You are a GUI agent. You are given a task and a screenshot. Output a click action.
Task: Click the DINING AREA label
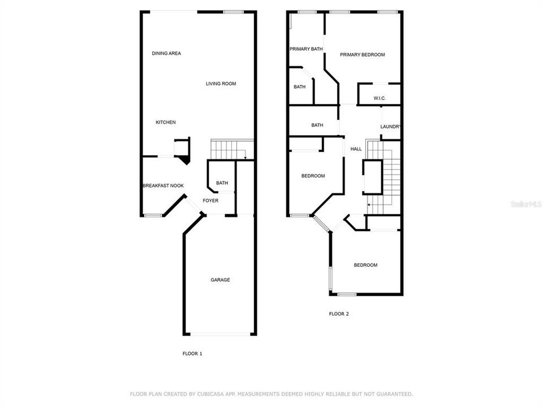coord(166,53)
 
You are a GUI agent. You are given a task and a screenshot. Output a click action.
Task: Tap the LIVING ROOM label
coord(221,84)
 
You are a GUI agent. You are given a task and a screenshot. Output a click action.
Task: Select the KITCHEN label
coord(166,122)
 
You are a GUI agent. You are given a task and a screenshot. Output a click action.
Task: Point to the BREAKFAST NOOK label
coord(163,186)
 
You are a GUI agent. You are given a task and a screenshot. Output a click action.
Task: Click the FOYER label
coord(210,201)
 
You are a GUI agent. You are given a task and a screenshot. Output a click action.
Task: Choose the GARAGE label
coord(220,280)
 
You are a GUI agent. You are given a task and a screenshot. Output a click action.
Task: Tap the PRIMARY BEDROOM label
coord(362,55)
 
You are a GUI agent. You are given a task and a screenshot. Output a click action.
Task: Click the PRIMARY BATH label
coord(306,49)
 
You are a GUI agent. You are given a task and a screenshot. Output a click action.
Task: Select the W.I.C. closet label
coord(380,99)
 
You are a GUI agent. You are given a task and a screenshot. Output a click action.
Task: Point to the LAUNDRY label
coord(391,126)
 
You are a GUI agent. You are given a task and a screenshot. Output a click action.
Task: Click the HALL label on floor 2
coord(356,149)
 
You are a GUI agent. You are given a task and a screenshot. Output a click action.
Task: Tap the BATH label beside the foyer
coord(222,183)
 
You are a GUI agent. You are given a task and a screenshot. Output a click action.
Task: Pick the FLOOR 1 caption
coord(192,354)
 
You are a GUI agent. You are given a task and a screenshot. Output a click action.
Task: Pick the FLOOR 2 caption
coord(339,313)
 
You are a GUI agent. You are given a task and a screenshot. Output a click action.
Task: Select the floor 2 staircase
coord(383,178)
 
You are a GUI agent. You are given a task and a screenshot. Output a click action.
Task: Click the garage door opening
coord(219,334)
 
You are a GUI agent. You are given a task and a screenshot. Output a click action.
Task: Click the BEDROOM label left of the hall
coord(313,176)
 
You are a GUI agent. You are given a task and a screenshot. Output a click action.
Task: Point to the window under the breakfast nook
coord(152,215)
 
